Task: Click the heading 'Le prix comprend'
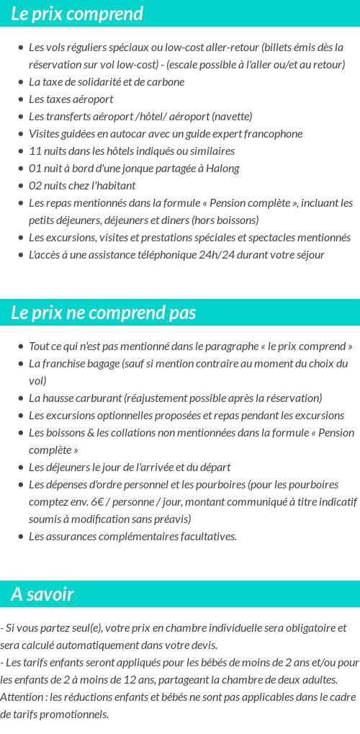(x=77, y=14)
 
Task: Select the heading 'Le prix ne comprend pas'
(x=104, y=313)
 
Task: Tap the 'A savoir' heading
(x=42, y=594)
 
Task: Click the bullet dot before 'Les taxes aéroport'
(x=21, y=99)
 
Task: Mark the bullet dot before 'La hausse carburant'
(x=21, y=398)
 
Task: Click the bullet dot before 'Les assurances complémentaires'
(x=21, y=537)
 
